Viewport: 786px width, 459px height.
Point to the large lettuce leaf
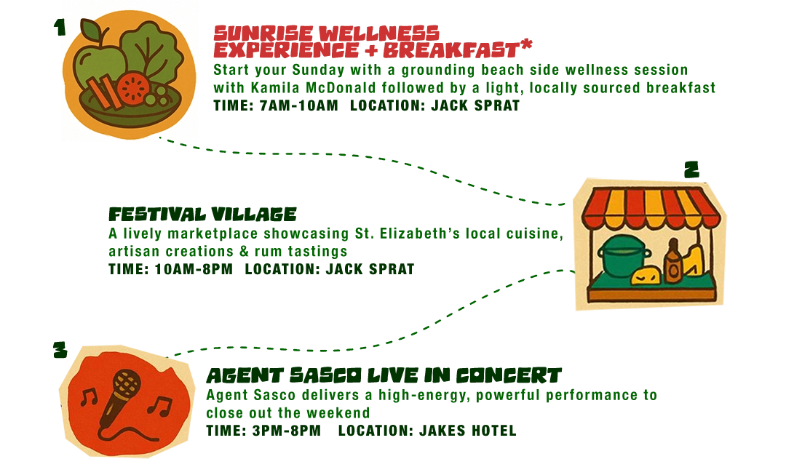coord(148,51)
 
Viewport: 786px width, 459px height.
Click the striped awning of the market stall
coord(648,204)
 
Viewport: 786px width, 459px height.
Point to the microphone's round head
coord(125,383)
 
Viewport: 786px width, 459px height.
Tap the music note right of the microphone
coord(161,405)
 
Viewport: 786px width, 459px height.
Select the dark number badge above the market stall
coord(692,169)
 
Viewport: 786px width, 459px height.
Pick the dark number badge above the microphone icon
coord(60,349)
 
